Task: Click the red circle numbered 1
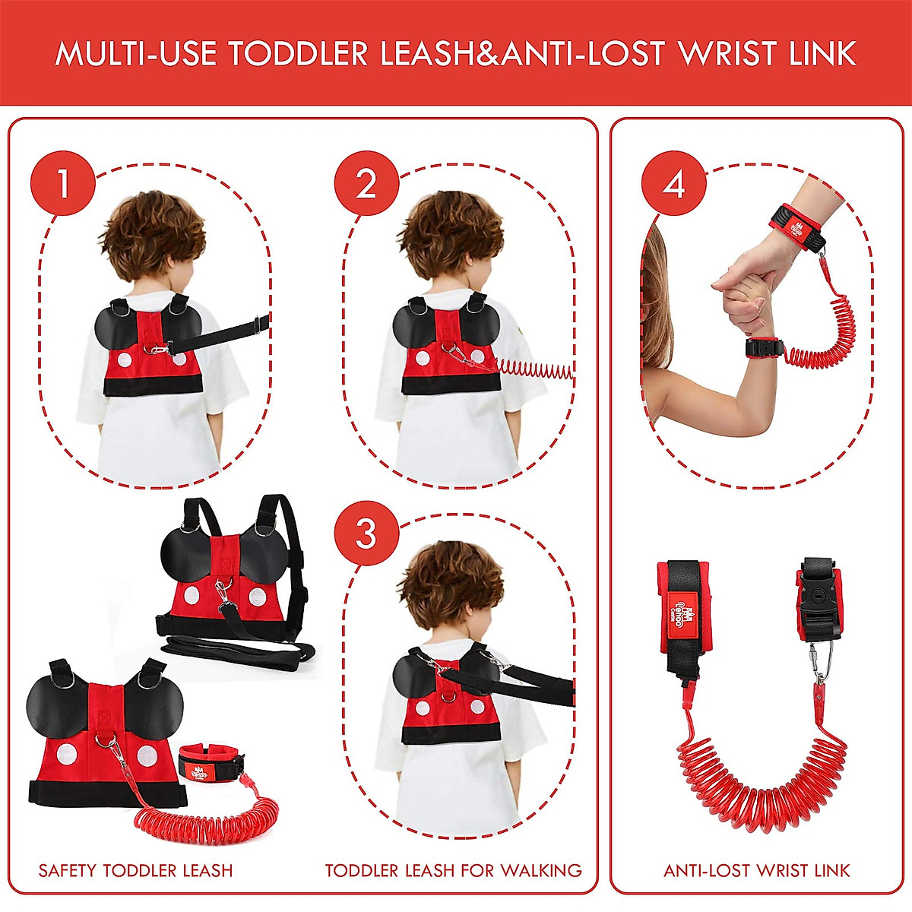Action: (63, 183)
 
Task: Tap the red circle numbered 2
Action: (366, 183)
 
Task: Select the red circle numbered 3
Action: (366, 533)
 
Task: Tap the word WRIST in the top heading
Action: (730, 54)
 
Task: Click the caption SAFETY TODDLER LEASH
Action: (136, 870)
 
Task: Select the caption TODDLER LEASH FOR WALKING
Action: (454, 870)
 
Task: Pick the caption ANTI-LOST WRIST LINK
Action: (757, 870)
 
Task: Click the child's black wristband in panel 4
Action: (764, 348)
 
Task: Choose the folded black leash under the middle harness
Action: (236, 650)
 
